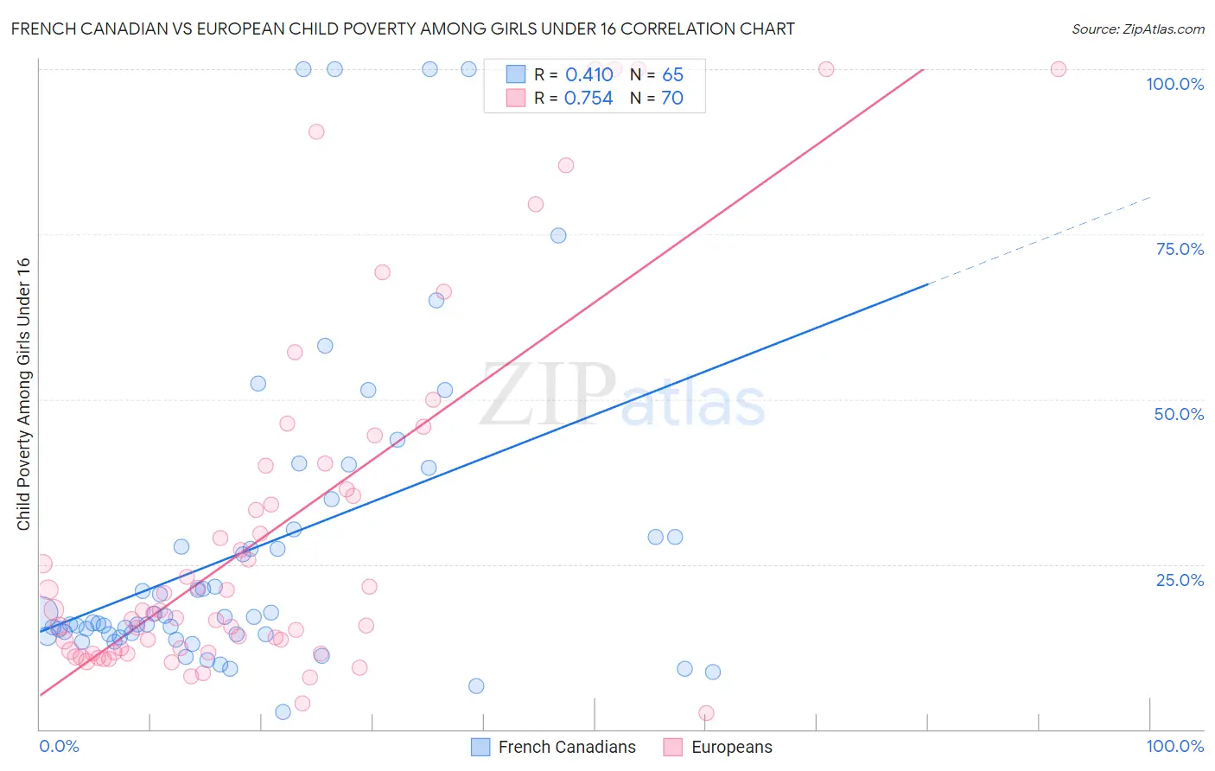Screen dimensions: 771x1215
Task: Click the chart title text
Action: click(x=403, y=29)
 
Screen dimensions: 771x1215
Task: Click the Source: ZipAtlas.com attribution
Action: click(x=1137, y=29)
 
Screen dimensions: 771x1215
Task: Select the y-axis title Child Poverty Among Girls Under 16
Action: click(x=23, y=394)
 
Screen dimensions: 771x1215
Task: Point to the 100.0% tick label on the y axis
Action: click(x=1174, y=84)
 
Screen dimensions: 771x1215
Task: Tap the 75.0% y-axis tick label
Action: click(x=1180, y=249)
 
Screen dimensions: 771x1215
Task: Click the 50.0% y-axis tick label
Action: click(x=1179, y=414)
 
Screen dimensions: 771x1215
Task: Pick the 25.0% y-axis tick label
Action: click(x=1180, y=580)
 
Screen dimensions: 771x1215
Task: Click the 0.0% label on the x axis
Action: click(x=59, y=746)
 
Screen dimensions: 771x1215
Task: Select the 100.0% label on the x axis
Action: click(x=1174, y=746)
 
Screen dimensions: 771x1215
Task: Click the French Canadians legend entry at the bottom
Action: click(x=554, y=747)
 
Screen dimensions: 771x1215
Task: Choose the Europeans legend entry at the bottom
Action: click(x=719, y=747)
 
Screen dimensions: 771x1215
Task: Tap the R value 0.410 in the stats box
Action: click(x=588, y=75)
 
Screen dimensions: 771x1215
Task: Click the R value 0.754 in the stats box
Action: click(x=588, y=99)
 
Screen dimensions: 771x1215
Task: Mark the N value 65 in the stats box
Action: click(x=672, y=75)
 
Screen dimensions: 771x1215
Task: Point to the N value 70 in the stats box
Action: click(x=671, y=99)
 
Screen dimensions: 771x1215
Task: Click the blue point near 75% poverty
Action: click(x=558, y=236)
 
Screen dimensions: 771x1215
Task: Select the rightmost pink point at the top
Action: click(x=1058, y=69)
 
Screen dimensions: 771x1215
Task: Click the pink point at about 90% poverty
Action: click(x=316, y=132)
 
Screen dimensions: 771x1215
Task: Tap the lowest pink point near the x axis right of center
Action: click(x=706, y=713)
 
